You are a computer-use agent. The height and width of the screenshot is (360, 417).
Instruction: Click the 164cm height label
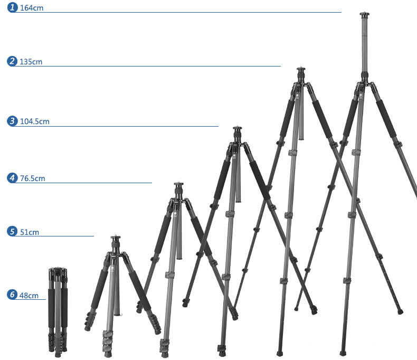click(x=32, y=8)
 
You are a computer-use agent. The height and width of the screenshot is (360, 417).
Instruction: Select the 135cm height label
click(x=31, y=62)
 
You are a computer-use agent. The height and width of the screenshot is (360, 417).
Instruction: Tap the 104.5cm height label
click(x=35, y=121)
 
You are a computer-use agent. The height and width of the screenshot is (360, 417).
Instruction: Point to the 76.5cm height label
click(x=33, y=178)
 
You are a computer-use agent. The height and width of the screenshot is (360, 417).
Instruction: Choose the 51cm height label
click(x=30, y=232)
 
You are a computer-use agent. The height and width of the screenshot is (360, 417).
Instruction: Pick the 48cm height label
click(x=29, y=296)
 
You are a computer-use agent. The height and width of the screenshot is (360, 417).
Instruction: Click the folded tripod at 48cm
click(x=58, y=311)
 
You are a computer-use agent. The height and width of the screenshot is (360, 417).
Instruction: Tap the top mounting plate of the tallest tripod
click(x=365, y=14)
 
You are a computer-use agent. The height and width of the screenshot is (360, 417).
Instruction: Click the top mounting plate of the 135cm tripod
click(x=301, y=69)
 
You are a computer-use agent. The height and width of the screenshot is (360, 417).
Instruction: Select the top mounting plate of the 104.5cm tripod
click(x=238, y=128)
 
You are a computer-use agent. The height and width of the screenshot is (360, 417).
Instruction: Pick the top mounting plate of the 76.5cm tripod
click(x=178, y=184)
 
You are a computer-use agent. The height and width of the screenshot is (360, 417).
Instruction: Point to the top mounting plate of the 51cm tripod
click(x=116, y=238)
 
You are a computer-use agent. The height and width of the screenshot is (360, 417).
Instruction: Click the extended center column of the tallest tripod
click(x=365, y=45)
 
